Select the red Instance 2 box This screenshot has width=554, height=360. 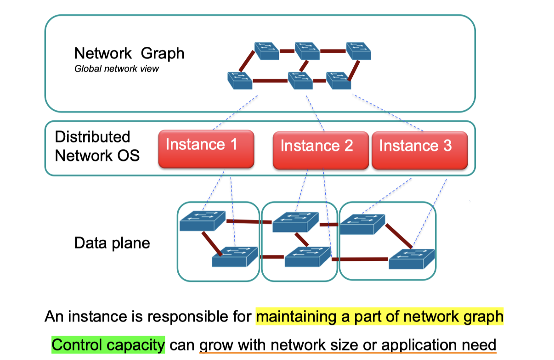tap(321, 150)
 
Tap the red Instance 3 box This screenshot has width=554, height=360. tap(419, 150)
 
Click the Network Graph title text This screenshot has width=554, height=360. tap(129, 53)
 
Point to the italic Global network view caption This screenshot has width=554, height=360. tap(117, 69)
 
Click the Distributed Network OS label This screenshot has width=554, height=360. tap(96, 146)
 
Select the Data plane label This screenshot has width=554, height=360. tap(112, 242)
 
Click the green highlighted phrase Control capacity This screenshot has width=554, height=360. tap(108, 344)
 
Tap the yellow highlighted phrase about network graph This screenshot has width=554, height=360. tap(379, 317)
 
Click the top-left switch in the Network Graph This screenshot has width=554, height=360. tap(267, 51)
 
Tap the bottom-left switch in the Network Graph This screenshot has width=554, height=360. tap(240, 80)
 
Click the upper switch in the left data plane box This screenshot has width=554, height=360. tap(202, 221)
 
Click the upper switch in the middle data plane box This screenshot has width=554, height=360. tap(295, 222)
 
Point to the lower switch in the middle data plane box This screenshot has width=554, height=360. tap(307, 257)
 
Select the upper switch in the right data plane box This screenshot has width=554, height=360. tap(362, 224)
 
